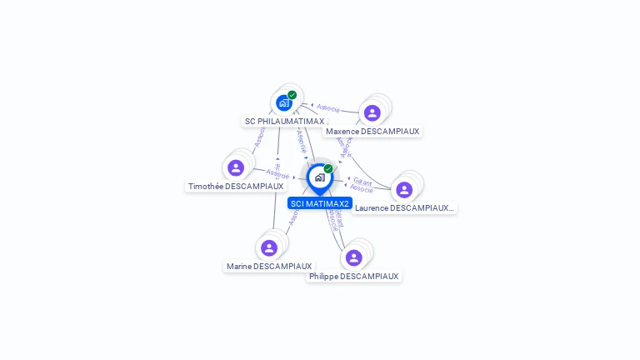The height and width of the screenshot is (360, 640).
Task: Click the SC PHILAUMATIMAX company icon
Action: pos(284,103)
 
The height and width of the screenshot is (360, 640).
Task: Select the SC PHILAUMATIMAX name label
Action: pos(284,121)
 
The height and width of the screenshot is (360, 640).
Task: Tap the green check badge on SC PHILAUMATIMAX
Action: pos(292,95)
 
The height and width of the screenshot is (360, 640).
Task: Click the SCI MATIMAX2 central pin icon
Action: pos(319,177)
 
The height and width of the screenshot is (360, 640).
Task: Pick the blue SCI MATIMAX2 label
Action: pos(320,203)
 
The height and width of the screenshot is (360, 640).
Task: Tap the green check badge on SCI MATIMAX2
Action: pos(328,168)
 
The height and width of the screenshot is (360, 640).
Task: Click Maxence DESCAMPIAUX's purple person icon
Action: pos(372,112)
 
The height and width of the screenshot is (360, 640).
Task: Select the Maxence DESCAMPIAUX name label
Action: pos(372,131)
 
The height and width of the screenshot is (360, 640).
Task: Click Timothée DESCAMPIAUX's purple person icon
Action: pos(236,168)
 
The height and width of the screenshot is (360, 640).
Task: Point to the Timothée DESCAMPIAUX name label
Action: pos(236,187)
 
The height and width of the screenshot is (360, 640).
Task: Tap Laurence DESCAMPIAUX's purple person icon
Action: pos(404,190)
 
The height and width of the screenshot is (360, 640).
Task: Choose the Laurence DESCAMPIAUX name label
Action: pos(404,207)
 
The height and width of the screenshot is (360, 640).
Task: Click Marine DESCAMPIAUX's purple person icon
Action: pos(269,248)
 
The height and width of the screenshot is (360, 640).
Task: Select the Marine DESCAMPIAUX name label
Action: pos(269,267)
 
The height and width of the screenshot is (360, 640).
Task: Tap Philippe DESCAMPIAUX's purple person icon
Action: pos(353,258)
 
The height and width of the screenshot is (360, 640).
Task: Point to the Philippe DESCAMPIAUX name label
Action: pos(353,276)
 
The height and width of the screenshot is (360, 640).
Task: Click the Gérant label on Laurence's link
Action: pos(362,180)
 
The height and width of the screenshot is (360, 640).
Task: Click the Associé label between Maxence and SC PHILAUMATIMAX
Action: pos(328,107)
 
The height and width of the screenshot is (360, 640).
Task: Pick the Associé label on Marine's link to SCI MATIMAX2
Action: pos(292,218)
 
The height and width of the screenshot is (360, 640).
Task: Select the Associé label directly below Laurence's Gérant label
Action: pos(362,189)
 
